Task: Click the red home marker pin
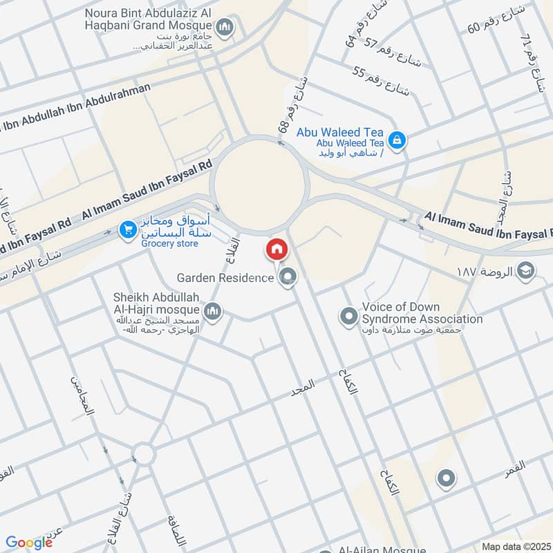coord(276,250)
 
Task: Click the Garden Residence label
coord(225,278)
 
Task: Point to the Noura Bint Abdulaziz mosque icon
coord(224,28)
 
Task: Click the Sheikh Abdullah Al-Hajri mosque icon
coord(213,312)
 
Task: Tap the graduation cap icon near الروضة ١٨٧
coord(525,270)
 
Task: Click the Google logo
coord(29,543)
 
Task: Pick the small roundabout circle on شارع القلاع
coord(144,454)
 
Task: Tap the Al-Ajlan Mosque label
coord(381,550)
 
